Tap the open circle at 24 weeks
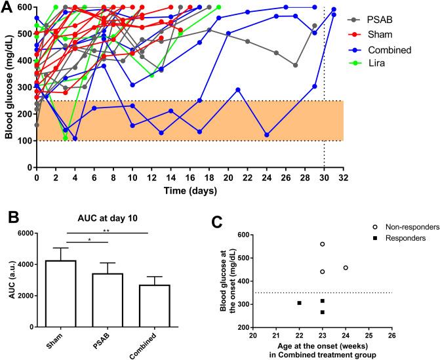pyautogui.click(x=346, y=268)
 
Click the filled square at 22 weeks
pyautogui.click(x=299, y=303)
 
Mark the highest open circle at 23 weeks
pyautogui.click(x=323, y=244)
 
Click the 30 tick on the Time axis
pyautogui.click(x=324, y=177)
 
